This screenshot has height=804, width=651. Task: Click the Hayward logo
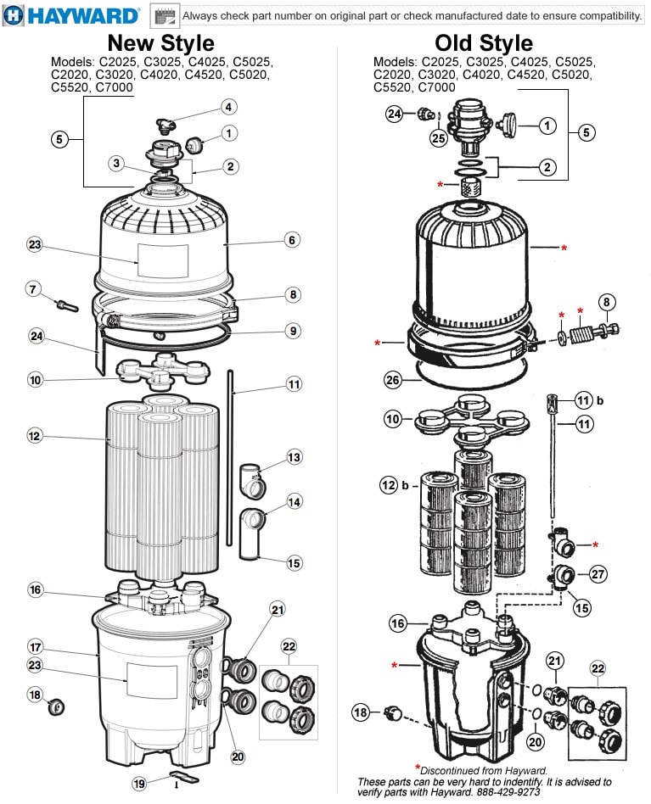tap(70, 15)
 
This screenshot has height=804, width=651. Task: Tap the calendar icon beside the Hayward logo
tap(165, 16)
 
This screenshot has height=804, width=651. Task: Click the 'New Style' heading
tap(161, 42)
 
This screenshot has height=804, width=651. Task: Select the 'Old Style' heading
tap(484, 42)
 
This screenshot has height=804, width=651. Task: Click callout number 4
tap(229, 107)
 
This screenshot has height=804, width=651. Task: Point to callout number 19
tap(139, 784)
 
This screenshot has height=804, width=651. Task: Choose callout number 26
tap(393, 380)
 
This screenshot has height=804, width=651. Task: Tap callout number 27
tap(598, 574)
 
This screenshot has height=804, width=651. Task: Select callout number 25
tap(439, 138)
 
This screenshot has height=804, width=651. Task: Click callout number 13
tap(294, 457)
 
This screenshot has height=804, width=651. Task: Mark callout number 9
tap(293, 331)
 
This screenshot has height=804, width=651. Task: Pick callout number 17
tap(35, 647)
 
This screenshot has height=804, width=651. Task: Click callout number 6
tap(292, 239)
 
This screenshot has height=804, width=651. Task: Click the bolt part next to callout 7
tap(67, 306)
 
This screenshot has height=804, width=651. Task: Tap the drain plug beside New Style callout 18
tap(56, 707)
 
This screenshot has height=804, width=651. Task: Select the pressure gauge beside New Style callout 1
tap(194, 144)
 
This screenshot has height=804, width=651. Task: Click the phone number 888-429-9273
tap(509, 791)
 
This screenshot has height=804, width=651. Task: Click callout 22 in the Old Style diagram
tap(598, 668)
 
